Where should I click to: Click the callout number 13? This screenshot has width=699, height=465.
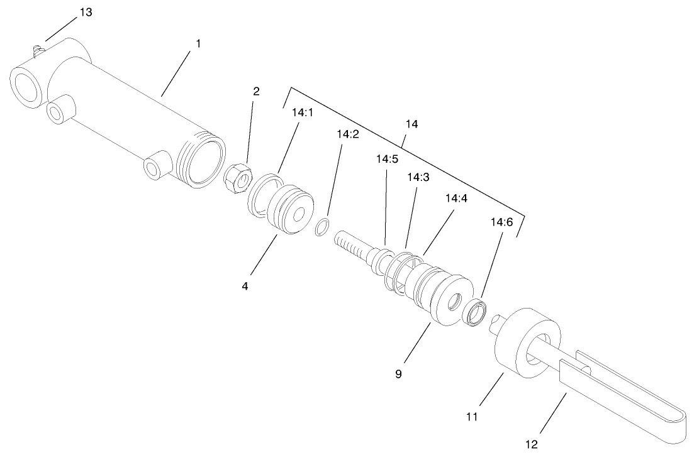point(85,13)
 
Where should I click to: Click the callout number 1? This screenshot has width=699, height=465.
point(198,45)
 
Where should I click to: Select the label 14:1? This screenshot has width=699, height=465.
point(302,114)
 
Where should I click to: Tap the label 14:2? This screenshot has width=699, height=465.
point(347,134)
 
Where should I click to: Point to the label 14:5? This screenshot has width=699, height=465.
point(388,159)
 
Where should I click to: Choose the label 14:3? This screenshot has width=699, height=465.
point(418,178)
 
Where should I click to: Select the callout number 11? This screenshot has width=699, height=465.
point(473,416)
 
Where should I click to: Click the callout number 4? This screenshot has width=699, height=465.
point(245,286)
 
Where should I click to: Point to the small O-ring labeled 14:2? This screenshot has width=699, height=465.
point(322,227)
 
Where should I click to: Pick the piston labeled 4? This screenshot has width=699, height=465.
point(290,211)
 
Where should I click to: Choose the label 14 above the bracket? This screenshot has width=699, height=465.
point(411,124)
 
